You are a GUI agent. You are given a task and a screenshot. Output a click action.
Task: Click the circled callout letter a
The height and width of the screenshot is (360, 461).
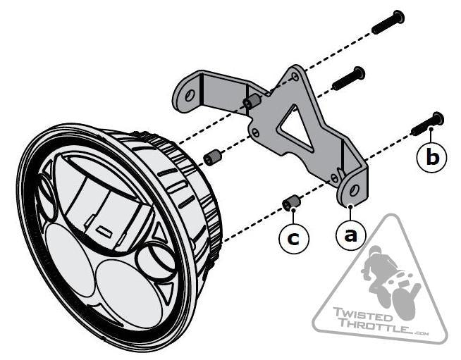point(351,235)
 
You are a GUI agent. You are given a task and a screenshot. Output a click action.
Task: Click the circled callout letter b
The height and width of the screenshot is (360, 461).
point(432,157)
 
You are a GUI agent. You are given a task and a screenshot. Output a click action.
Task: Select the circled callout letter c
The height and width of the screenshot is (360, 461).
point(294,239)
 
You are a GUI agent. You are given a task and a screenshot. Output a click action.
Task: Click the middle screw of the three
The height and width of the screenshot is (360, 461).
point(348,78)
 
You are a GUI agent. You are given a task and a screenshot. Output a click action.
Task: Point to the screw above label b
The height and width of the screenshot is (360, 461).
point(427,124)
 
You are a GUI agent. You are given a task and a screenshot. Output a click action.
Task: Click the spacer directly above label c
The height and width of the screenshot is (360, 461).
point(291,202)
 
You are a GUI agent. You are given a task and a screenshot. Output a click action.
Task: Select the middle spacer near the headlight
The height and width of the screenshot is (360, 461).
point(212,158)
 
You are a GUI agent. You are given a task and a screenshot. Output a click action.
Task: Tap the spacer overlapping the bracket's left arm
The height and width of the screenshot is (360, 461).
point(252,101)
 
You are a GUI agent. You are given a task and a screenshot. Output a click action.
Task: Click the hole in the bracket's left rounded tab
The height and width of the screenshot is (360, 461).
point(190,96)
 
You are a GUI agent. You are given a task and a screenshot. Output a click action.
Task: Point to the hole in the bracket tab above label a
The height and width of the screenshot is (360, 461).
point(354,190)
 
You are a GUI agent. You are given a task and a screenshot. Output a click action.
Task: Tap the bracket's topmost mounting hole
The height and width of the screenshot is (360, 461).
point(295,76)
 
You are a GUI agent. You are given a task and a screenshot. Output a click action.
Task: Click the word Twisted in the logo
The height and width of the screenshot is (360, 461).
point(362,314)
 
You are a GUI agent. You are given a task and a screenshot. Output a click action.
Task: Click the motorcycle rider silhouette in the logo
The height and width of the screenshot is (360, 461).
point(390,282)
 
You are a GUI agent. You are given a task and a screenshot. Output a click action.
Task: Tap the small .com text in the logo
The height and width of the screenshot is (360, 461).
point(421,333)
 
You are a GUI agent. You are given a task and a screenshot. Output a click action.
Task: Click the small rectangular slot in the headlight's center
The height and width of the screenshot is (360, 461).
point(105,231)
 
